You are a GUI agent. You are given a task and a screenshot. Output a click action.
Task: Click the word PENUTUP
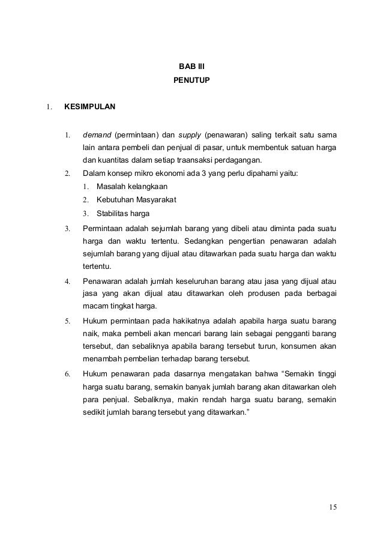[191, 79]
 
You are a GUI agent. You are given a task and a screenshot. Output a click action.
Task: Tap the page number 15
[333, 508]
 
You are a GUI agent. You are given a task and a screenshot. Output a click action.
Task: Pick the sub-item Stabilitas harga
[124, 213]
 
